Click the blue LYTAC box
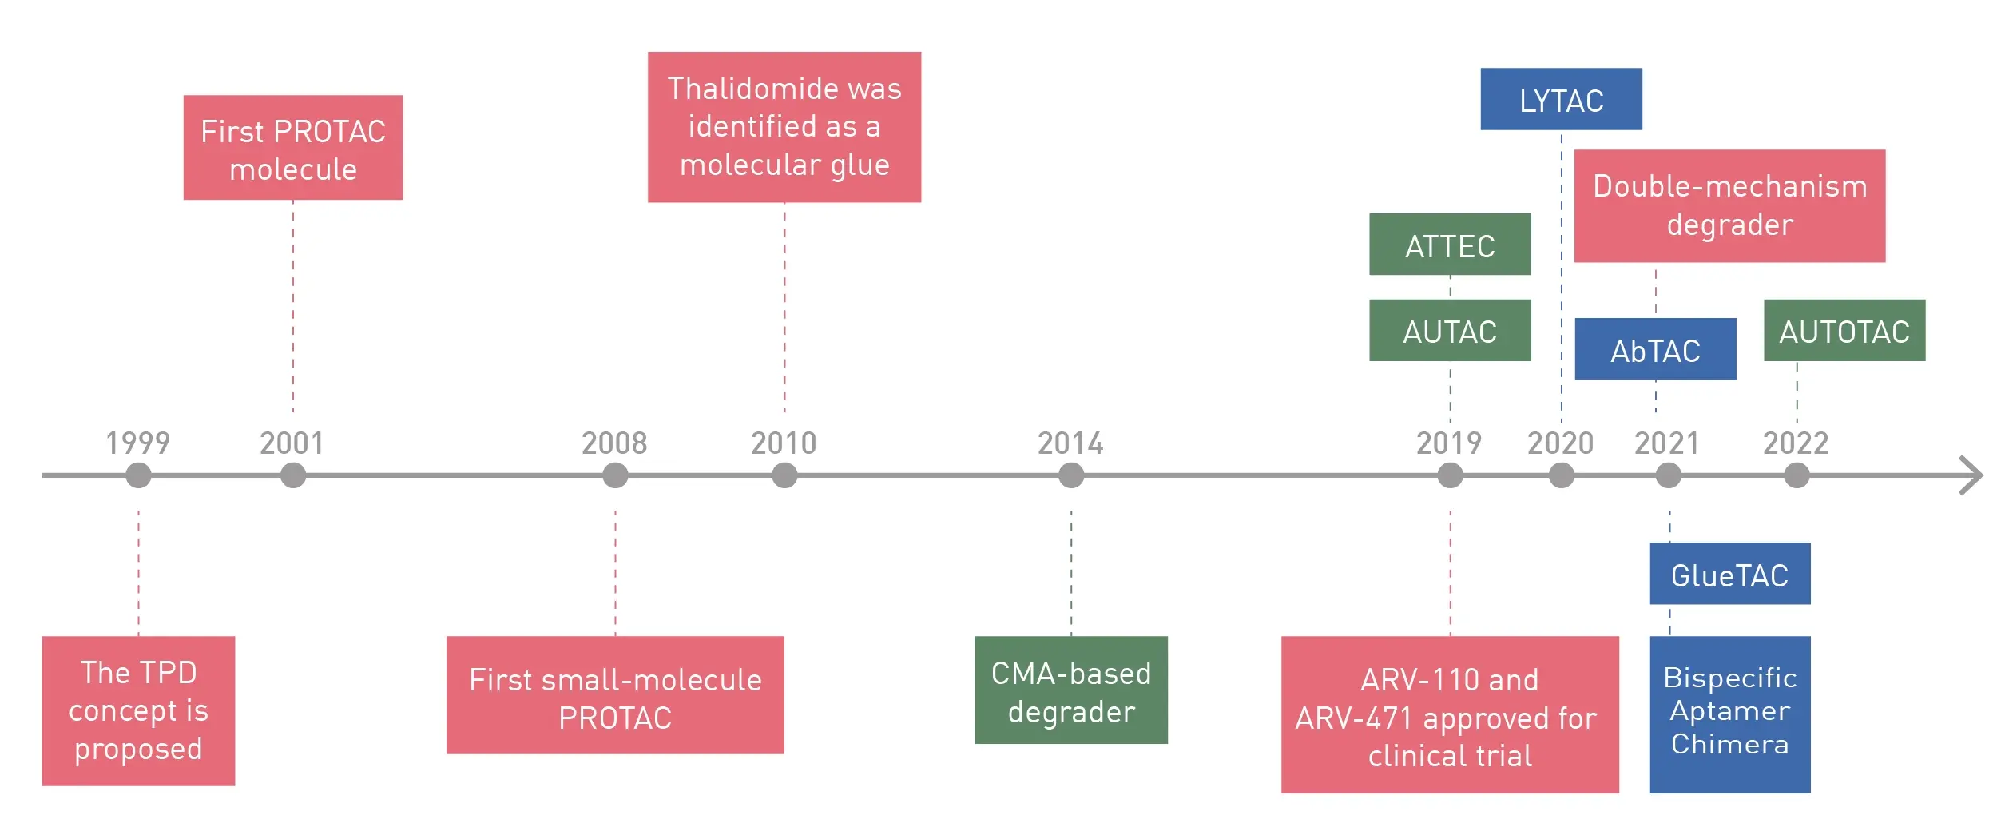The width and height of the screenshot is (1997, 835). (x=1561, y=99)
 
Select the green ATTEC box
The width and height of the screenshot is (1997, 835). (x=1450, y=245)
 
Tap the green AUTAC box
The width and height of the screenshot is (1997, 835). (x=1450, y=330)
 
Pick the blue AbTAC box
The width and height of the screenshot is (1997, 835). (x=1655, y=349)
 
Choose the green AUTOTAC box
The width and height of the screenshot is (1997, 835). (x=1844, y=330)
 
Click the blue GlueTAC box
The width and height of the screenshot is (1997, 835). (x=1729, y=574)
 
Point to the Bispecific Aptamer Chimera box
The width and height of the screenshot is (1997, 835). (x=1729, y=714)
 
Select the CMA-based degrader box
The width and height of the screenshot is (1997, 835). (x=1071, y=690)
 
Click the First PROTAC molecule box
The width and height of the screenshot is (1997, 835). (x=293, y=148)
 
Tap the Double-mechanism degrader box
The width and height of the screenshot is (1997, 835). (x=1729, y=206)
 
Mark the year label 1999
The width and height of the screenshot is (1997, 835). (x=138, y=443)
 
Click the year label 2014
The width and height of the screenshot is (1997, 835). (x=1070, y=443)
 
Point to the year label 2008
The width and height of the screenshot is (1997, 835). (x=614, y=443)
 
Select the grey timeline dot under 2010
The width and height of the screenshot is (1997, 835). (x=784, y=475)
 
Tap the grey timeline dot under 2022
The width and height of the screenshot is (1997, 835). (x=1797, y=475)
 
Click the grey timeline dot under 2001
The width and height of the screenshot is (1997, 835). (x=293, y=475)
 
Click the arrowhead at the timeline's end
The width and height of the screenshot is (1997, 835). (x=1981, y=475)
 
